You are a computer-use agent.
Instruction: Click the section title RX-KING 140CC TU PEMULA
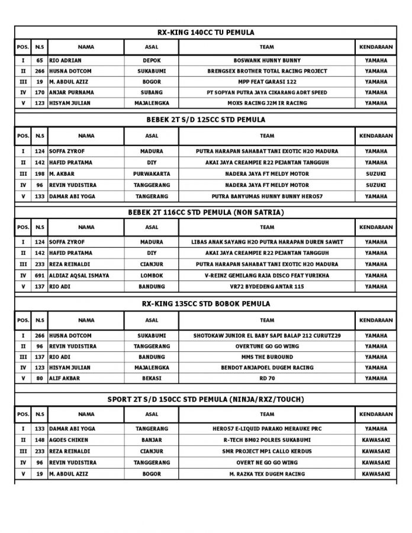[205, 33]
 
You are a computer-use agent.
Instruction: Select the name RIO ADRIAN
[66, 60]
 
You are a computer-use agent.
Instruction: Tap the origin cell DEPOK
[152, 60]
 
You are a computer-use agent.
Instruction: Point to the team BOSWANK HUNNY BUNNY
[267, 60]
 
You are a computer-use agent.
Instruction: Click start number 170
[40, 92]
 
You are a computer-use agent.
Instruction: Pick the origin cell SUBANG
[152, 92]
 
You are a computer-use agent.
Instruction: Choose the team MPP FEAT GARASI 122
[267, 82]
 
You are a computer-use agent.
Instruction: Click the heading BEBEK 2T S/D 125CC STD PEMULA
[205, 119]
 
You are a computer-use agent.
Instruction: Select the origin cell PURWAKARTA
[152, 174]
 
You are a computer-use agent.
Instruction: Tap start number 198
[40, 174]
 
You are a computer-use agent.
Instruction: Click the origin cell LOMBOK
[152, 276]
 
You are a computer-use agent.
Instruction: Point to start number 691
[40, 276]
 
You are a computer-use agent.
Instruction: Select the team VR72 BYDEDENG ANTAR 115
[267, 286]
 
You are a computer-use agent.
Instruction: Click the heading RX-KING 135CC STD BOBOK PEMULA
[205, 303]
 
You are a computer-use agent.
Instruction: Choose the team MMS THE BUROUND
[267, 357]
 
